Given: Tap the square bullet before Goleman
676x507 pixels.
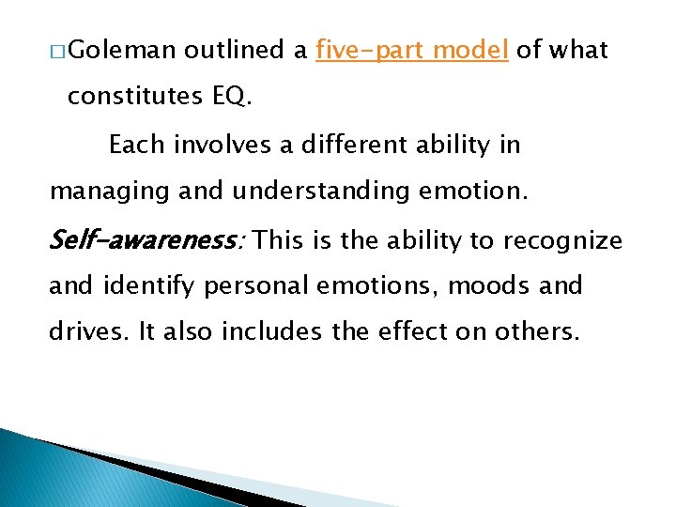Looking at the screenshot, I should pyautogui.click(x=60, y=51).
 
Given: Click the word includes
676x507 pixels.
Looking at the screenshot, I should pyautogui.click(x=269, y=331).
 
